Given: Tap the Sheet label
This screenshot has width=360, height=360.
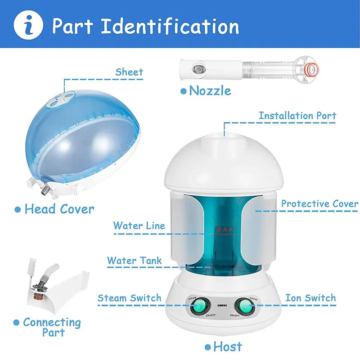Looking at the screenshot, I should (129, 72).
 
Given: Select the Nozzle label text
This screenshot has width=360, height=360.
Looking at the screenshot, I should (210, 90).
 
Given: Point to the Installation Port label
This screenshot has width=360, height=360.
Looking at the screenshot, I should (297, 116).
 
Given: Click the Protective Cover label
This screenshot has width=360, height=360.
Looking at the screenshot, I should (319, 204).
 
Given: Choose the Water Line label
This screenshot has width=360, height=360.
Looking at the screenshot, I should (139, 225).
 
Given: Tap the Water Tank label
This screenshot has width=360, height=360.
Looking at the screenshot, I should (134, 261).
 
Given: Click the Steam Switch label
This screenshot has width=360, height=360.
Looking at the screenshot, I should (129, 298).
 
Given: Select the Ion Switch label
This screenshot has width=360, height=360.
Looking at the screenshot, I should (310, 298).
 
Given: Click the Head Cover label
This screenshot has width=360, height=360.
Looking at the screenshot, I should (59, 209).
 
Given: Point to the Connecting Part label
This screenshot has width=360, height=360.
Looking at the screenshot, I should (52, 327).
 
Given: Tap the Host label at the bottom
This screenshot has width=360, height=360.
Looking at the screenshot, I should (227, 346).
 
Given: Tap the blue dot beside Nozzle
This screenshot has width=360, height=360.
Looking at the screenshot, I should (183, 91).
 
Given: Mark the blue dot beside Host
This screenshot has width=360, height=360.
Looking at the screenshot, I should (207, 347).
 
